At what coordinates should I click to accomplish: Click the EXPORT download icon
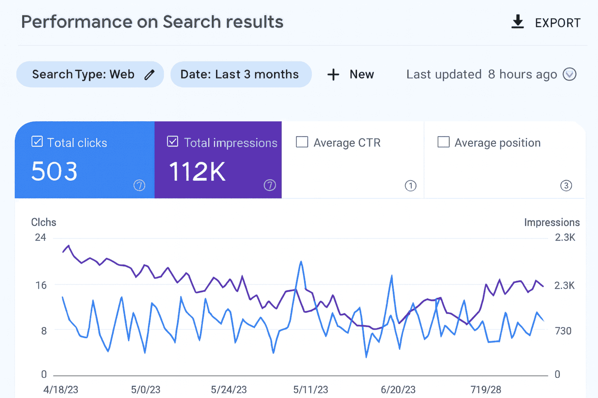coord(517,22)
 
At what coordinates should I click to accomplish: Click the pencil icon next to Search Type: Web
coord(149,75)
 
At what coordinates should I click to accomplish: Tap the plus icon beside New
coord(333,74)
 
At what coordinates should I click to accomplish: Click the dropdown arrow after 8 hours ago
coord(569,74)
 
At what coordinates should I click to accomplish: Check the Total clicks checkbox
coord(37,141)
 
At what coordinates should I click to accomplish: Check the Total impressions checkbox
coord(172,141)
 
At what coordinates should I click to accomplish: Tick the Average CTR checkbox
coord(302,142)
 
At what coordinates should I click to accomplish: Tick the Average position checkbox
coord(443,142)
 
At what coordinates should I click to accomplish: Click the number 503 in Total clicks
coord(55,171)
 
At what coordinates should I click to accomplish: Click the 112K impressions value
coord(197,171)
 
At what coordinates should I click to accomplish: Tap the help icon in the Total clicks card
coord(139,185)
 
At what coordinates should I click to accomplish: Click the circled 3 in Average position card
coord(566,185)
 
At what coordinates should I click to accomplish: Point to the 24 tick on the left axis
coord(40,237)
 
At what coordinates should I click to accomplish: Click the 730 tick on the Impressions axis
coord(563,331)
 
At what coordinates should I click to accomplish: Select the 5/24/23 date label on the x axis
coord(229,389)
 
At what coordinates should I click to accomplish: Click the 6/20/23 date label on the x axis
coord(398,389)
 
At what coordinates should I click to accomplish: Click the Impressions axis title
coord(552,222)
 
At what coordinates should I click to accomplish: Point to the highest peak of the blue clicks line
coord(301,262)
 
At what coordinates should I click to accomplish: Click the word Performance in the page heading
coord(76,22)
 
